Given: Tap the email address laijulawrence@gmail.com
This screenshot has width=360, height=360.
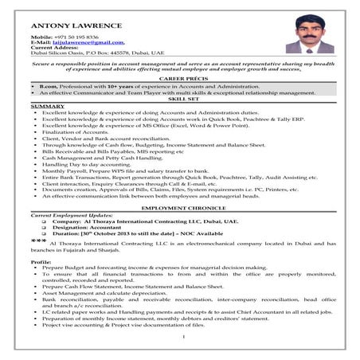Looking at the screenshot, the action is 84,43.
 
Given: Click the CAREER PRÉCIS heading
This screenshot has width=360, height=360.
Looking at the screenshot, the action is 180,80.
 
